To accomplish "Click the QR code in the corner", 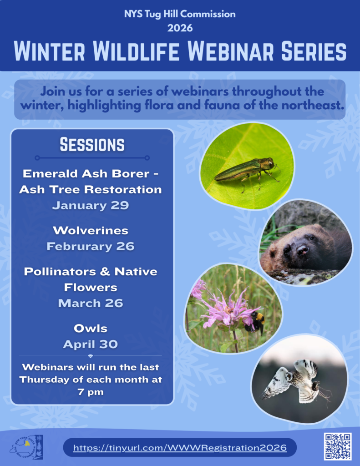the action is [338, 446].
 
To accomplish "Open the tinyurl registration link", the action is [180, 448].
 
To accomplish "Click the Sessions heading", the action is [92, 145].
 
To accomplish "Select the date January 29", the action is [91, 205].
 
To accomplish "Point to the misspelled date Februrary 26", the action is [91, 246].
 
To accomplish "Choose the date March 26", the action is [91, 303].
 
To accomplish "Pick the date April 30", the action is [91, 344].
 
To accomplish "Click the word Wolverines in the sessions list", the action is [91, 231].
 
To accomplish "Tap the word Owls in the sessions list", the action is [91, 329].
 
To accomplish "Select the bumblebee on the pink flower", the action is [254, 323].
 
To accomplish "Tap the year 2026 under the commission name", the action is [180, 28].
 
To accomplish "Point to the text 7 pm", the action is [91, 392].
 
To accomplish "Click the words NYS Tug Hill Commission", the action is [180, 14].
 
